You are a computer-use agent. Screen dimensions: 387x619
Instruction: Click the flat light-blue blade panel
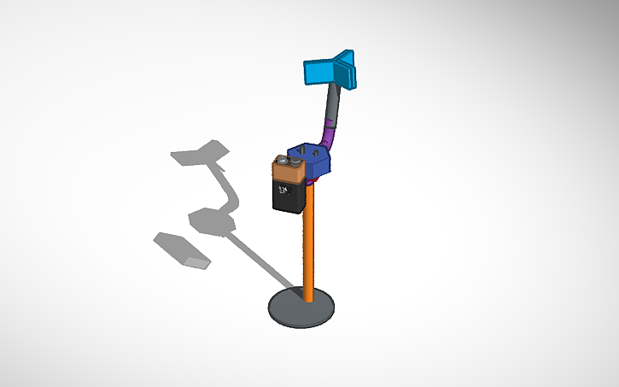pyautogui.click(x=320, y=73)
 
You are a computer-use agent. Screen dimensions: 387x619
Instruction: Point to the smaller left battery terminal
pyautogui.click(x=281, y=160)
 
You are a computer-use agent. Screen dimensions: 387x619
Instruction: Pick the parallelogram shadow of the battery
pyautogui.click(x=181, y=249)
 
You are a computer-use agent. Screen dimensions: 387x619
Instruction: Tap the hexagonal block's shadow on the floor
pyautogui.click(x=211, y=220)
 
